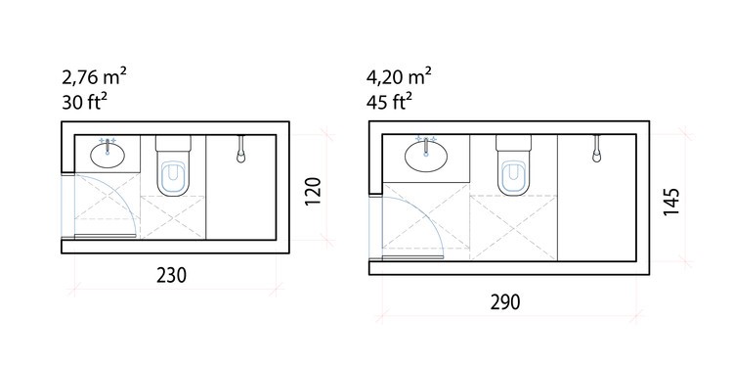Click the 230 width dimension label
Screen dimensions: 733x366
(172, 276)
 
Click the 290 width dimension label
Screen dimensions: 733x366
(505, 302)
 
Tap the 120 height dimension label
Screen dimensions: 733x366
(313, 191)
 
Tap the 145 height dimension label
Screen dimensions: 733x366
(670, 202)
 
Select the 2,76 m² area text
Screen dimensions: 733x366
(94, 76)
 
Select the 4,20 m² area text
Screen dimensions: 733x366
(399, 76)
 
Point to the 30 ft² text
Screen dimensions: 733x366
(81, 102)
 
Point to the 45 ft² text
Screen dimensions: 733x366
(389, 102)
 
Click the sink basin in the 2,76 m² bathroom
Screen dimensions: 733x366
(108, 155)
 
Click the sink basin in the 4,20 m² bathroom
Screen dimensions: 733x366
(426, 157)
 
